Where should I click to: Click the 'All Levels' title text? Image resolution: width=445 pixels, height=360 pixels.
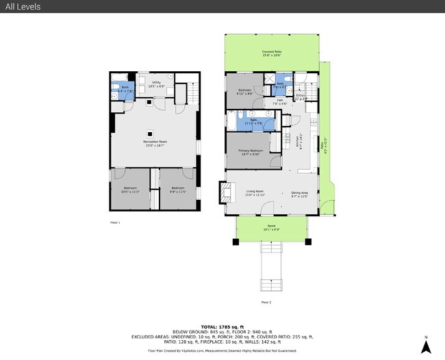click(x=23, y=7)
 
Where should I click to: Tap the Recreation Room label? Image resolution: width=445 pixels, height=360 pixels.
click(x=155, y=143)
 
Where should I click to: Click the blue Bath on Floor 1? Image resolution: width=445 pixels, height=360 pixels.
click(x=125, y=89)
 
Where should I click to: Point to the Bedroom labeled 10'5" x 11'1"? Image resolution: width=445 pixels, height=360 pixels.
click(x=131, y=190)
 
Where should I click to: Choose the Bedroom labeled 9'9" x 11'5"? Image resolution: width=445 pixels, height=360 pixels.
click(x=177, y=190)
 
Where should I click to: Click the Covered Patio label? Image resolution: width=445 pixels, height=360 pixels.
click(x=272, y=53)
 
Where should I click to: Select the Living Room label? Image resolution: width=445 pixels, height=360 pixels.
click(x=255, y=193)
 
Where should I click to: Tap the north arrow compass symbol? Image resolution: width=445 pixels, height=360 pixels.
click(x=425, y=345)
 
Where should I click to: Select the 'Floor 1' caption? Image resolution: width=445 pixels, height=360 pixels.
click(x=115, y=222)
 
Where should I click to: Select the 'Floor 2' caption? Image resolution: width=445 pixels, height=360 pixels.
click(x=266, y=302)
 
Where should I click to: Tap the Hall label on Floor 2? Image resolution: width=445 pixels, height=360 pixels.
click(x=280, y=101)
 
